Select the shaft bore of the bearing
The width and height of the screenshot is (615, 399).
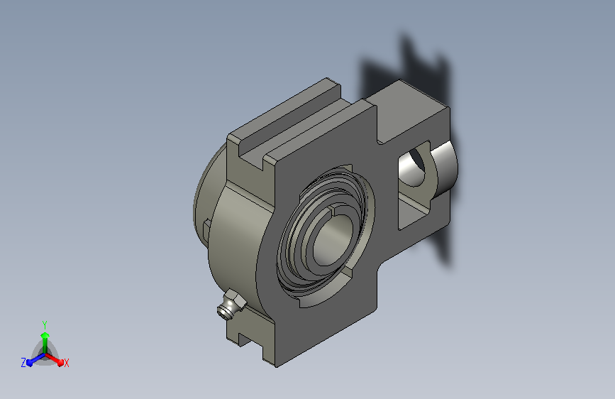click(x=333, y=239)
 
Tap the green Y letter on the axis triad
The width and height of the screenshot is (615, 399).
click(x=45, y=324)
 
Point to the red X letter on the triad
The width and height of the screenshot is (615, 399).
click(x=66, y=363)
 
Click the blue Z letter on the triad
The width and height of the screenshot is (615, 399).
click(x=23, y=363)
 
